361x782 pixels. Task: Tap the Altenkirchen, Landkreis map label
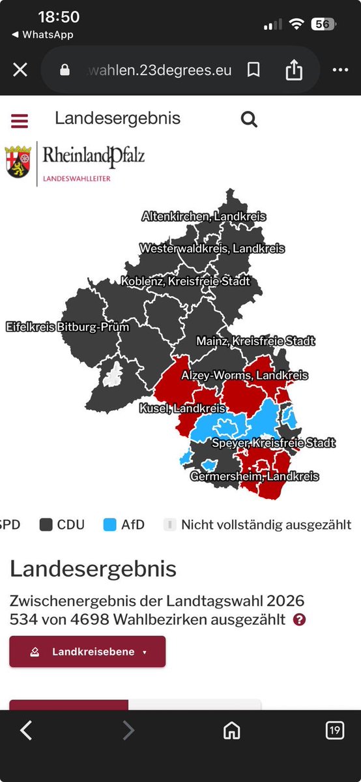pyautogui.click(x=204, y=217)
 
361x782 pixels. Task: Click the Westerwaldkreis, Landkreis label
pyautogui.click(x=212, y=248)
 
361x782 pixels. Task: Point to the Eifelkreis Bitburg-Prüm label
pyautogui.click(x=68, y=327)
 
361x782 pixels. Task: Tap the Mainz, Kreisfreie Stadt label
pyautogui.click(x=255, y=341)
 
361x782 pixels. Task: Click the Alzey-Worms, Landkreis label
pyautogui.click(x=244, y=376)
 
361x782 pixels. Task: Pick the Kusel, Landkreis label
pyautogui.click(x=182, y=409)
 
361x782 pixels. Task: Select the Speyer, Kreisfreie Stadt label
pyautogui.click(x=274, y=444)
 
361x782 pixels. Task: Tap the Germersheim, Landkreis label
pyautogui.click(x=254, y=477)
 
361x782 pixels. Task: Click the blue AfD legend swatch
pyautogui.click(x=109, y=524)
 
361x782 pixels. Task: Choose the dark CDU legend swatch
pyautogui.click(x=46, y=524)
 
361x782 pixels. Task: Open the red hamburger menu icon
pyautogui.click(x=20, y=121)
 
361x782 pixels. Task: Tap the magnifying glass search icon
pyautogui.click(x=249, y=119)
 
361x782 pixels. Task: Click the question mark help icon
pyautogui.click(x=299, y=620)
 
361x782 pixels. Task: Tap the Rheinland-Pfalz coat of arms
pyautogui.click(x=18, y=162)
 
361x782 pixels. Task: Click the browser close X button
pyautogui.click(x=20, y=70)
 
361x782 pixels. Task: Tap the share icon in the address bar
pyautogui.click(x=294, y=70)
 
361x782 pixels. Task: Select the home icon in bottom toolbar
pyautogui.click(x=231, y=730)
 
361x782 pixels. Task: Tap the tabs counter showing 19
pyautogui.click(x=334, y=730)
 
